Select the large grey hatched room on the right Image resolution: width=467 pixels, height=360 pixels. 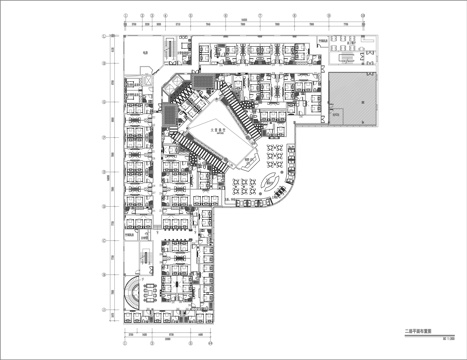355,99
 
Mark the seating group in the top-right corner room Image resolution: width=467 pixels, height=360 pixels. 351,49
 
